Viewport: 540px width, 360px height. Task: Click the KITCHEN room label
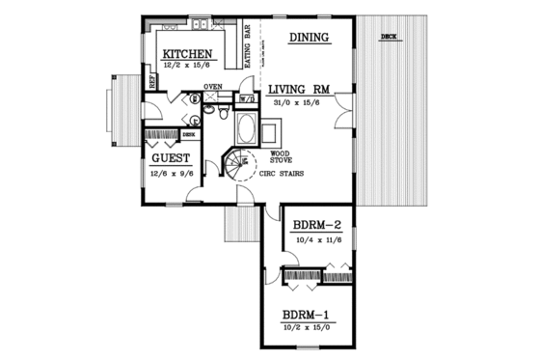pos(188,54)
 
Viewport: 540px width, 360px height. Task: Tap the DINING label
pos(309,38)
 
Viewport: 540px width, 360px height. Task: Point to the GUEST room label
pos(170,157)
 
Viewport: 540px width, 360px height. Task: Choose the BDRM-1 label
pos(309,316)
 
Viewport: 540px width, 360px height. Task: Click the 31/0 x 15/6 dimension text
pos(300,100)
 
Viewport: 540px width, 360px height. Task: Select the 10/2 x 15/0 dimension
pos(309,327)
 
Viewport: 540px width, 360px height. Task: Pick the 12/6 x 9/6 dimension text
pos(171,174)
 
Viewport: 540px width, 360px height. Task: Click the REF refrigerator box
pos(152,81)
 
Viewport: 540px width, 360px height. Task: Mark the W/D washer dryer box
pos(247,97)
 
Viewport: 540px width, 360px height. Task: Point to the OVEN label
pos(212,87)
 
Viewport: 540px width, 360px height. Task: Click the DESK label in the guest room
pos(188,136)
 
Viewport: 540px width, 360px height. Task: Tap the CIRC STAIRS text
pos(281,176)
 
